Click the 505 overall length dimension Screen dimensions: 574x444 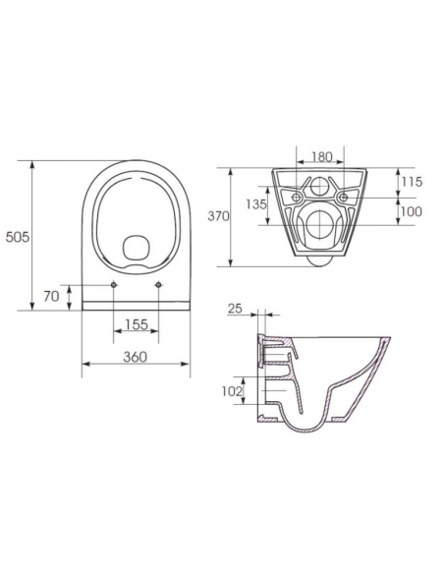pyautogui.click(x=17, y=237)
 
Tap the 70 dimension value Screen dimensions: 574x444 pyautogui.click(x=52, y=295)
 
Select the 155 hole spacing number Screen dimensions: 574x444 pyautogui.click(x=137, y=323)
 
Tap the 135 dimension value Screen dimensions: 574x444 pyautogui.click(x=254, y=205)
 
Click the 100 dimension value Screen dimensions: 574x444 pyautogui.click(x=413, y=211)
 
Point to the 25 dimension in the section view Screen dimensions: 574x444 pyautogui.click(x=234, y=310)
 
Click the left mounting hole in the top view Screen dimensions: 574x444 pyautogui.click(x=115, y=286)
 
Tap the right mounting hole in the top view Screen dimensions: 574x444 pyautogui.click(x=158, y=286)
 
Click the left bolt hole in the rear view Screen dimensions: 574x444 pyautogui.click(x=292, y=197)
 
